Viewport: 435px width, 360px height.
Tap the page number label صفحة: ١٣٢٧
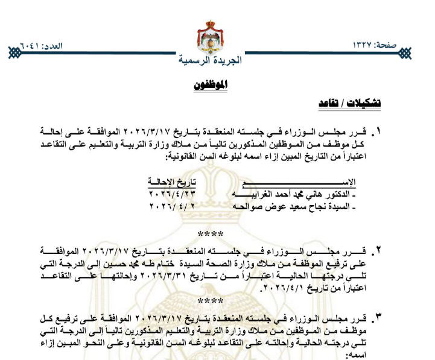pos(381,46)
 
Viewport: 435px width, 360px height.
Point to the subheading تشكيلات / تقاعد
pos(350,103)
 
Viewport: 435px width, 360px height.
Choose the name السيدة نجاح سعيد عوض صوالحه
pos(295,206)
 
